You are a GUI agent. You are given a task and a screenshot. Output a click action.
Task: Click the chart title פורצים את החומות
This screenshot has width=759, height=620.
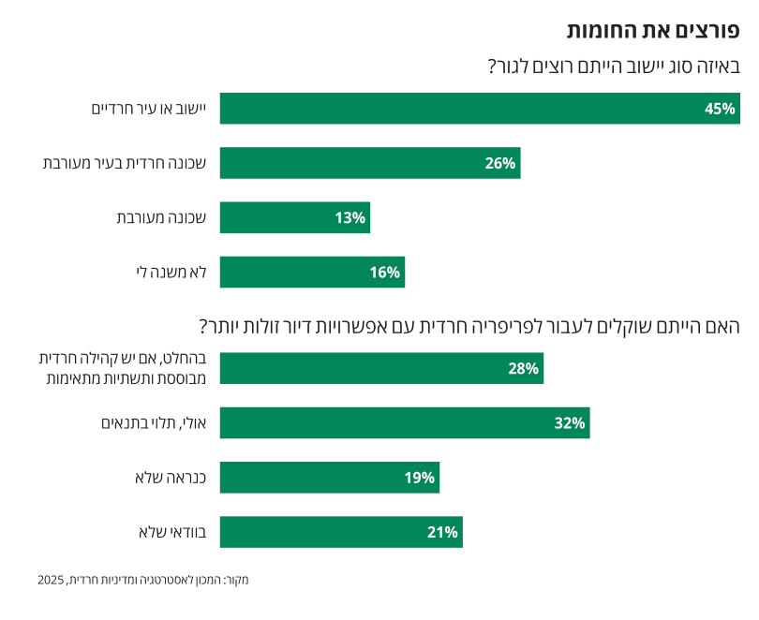[653, 30]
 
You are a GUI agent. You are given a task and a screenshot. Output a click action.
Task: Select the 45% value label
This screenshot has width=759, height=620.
[720, 109]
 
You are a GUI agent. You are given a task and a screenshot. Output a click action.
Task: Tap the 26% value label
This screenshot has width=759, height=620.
[500, 163]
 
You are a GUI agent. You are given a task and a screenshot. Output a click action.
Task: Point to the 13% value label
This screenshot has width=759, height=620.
[350, 217]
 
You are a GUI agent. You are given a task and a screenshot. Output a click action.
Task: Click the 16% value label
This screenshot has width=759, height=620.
[385, 273]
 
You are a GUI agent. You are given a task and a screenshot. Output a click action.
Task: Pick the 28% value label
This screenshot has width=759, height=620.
[523, 368]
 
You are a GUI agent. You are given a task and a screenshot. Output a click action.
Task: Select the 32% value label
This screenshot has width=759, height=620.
[570, 423]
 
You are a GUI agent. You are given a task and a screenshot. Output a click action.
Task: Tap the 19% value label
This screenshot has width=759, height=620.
[420, 478]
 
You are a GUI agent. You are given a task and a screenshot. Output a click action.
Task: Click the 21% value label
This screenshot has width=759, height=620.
[442, 532]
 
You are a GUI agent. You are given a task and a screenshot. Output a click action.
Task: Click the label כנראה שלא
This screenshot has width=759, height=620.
[176, 478]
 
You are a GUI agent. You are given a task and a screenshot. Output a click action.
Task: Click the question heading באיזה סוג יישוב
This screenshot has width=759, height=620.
[614, 66]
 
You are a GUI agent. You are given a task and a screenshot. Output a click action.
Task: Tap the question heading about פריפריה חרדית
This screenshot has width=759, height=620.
[469, 327]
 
